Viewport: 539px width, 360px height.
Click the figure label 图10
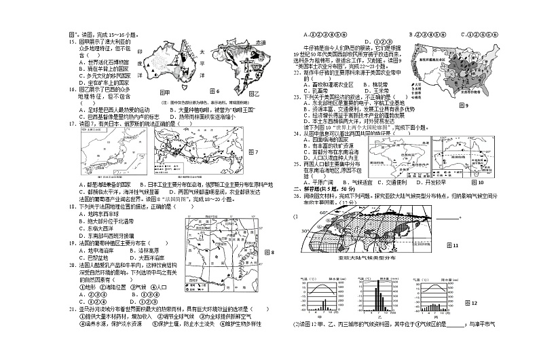tap(476, 182)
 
